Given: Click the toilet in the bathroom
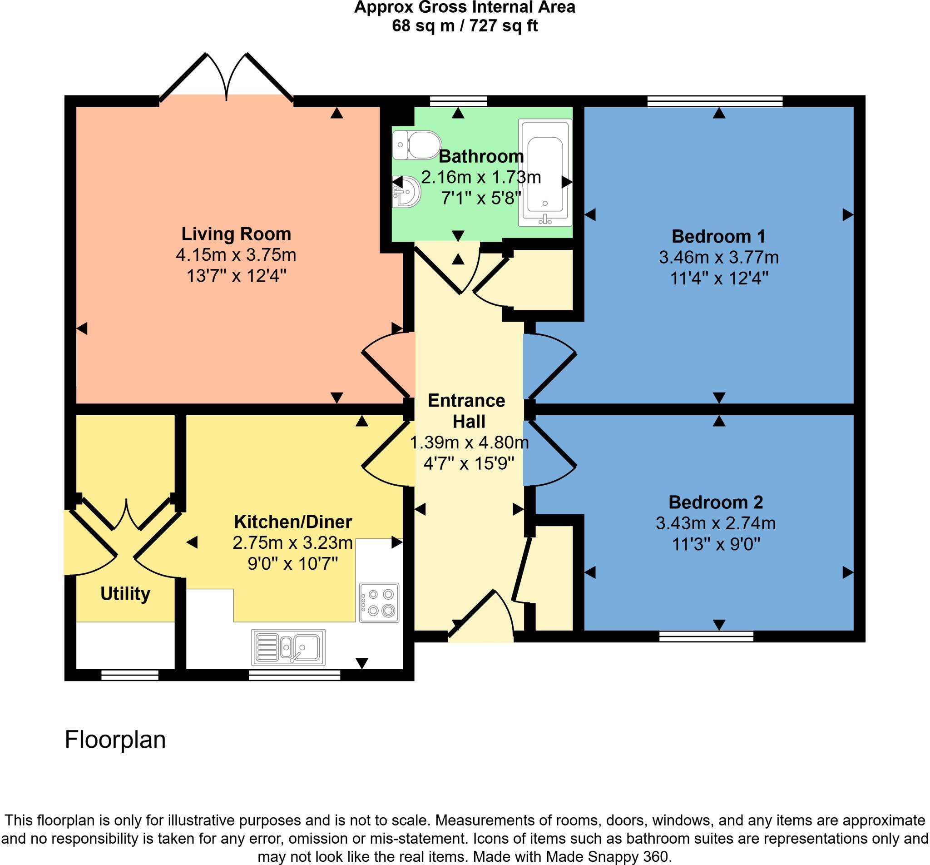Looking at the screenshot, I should point(418,144).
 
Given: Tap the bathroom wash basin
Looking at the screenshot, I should point(407,192).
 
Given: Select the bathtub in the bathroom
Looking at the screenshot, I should point(545,173).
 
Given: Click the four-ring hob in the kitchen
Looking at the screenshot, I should point(379,602).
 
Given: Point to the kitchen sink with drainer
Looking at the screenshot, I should point(289,647).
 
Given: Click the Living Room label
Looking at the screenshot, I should point(236,234).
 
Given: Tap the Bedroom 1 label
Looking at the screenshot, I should point(718,236).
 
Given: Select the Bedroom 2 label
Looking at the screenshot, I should point(716,502).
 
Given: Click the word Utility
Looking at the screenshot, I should point(125,594).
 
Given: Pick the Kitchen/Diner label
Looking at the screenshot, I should point(293,522).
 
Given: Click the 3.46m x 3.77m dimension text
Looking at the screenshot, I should point(718,258).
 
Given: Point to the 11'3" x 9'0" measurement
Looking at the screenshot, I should point(716,544).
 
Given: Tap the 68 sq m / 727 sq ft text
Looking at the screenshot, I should point(465,26).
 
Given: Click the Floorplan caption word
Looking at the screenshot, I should point(115,740).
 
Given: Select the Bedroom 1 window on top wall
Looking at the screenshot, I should point(715,101).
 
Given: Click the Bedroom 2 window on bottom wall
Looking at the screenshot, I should point(706,636).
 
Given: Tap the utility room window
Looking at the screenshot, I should point(130,675).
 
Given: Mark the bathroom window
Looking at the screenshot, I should point(459,101).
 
